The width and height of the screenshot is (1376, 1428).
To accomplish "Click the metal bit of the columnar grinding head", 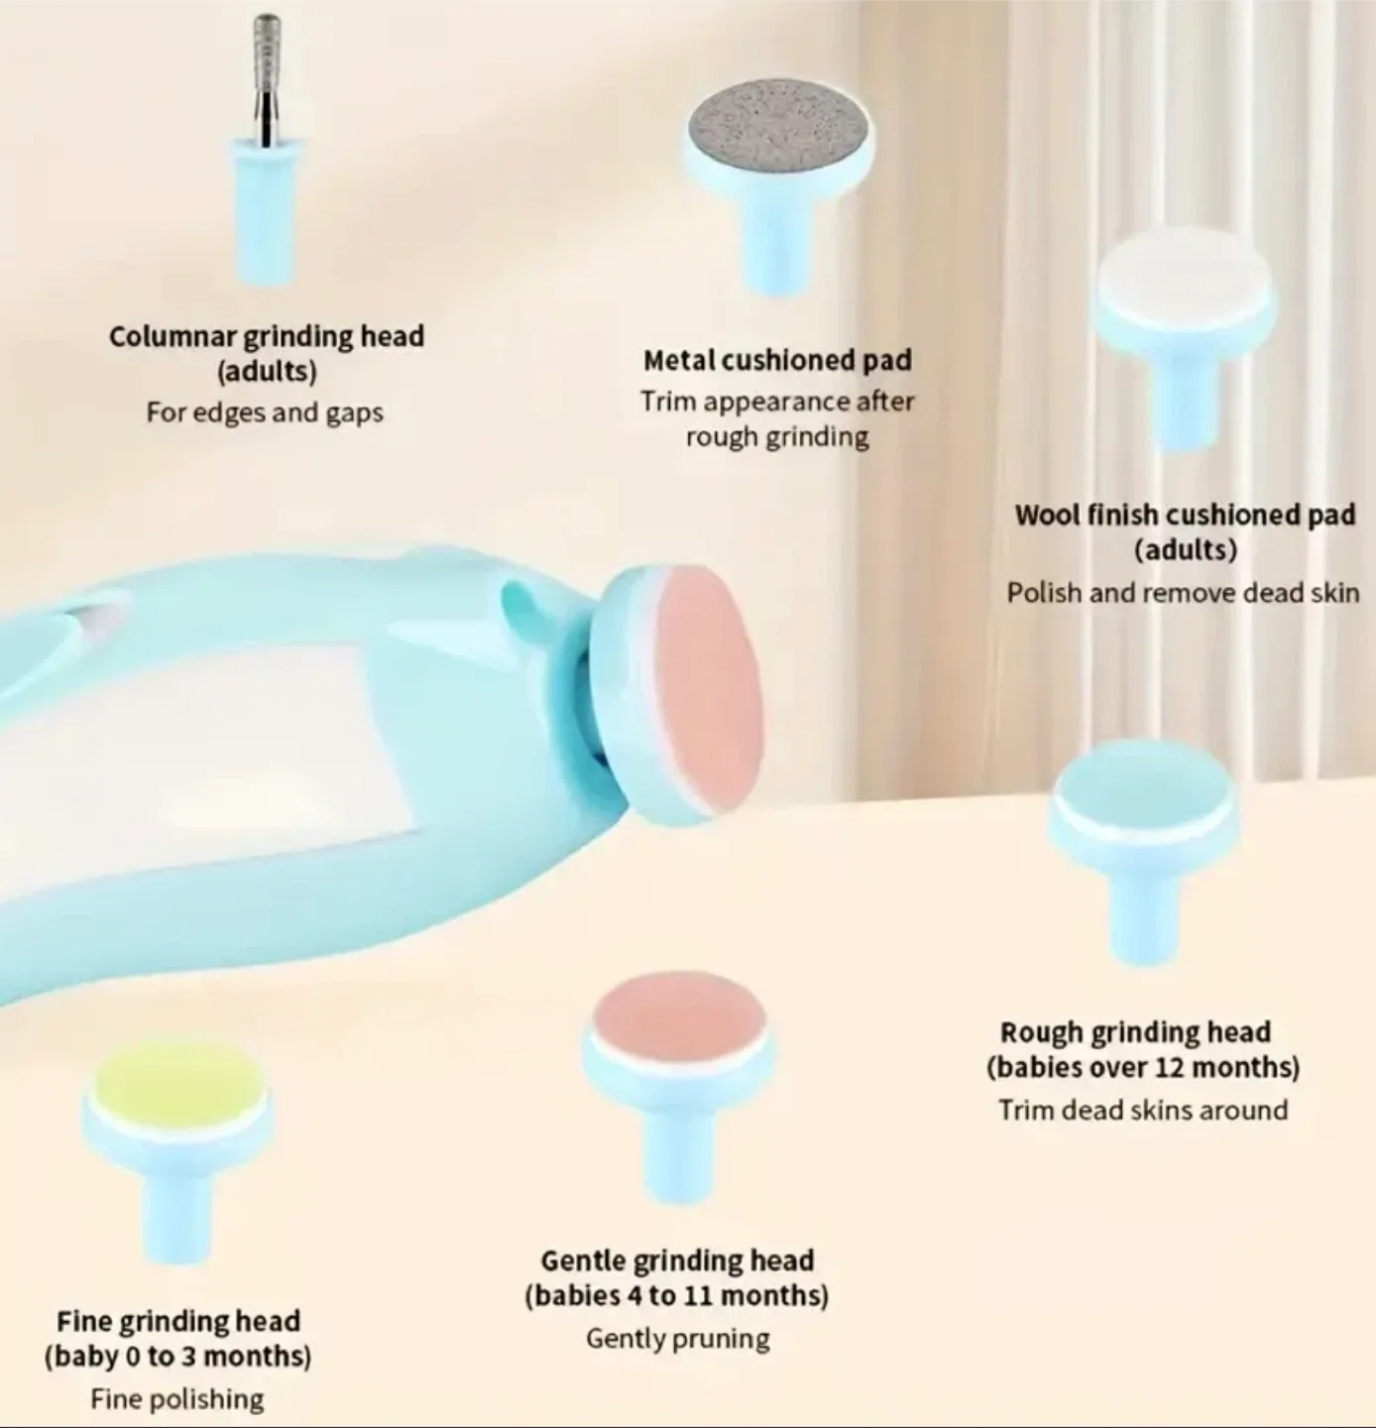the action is (x=267, y=79).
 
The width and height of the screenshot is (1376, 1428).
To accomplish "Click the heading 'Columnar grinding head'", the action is (x=267, y=337).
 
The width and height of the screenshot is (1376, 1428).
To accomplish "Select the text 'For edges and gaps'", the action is (x=265, y=413).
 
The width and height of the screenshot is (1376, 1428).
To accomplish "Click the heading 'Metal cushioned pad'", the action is (x=777, y=360).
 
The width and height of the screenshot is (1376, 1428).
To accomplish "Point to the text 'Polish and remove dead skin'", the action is (x=1183, y=593).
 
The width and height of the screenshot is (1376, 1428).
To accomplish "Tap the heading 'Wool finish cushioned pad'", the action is (x=1185, y=515).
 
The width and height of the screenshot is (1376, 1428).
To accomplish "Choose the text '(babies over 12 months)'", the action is (x=1143, y=1067).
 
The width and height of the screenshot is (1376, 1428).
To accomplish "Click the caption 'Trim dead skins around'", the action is (x=1143, y=1111).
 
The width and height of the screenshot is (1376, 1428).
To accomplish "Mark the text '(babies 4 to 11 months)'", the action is (x=677, y=1296).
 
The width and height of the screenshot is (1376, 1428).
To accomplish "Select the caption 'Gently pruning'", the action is (x=678, y=1339).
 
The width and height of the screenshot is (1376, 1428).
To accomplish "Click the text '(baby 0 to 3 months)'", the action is (x=177, y=1356).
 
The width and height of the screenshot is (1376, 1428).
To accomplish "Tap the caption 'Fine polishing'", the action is (x=177, y=1399).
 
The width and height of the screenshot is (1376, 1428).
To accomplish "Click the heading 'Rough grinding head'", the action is (x=1135, y=1032).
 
